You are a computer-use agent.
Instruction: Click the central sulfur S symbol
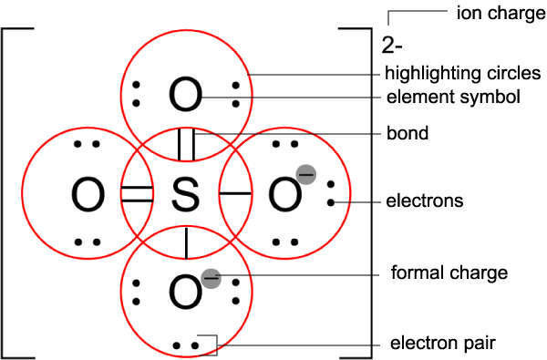tap(186, 193)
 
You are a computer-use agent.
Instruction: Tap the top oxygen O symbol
tap(186, 95)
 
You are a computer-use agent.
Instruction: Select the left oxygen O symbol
tap(88, 193)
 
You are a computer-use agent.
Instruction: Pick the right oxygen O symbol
tap(283, 193)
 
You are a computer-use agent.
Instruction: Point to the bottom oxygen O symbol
tap(186, 292)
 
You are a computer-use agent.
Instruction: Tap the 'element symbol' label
tap(440, 96)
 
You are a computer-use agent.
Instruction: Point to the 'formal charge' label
tap(436, 273)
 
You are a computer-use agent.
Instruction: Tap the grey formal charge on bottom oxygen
tap(211, 275)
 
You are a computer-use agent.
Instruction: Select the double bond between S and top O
tap(186, 145)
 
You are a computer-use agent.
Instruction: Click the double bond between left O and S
tap(138, 193)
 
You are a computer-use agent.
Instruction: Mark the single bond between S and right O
tap(236, 193)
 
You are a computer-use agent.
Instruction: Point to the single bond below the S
tap(186, 242)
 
